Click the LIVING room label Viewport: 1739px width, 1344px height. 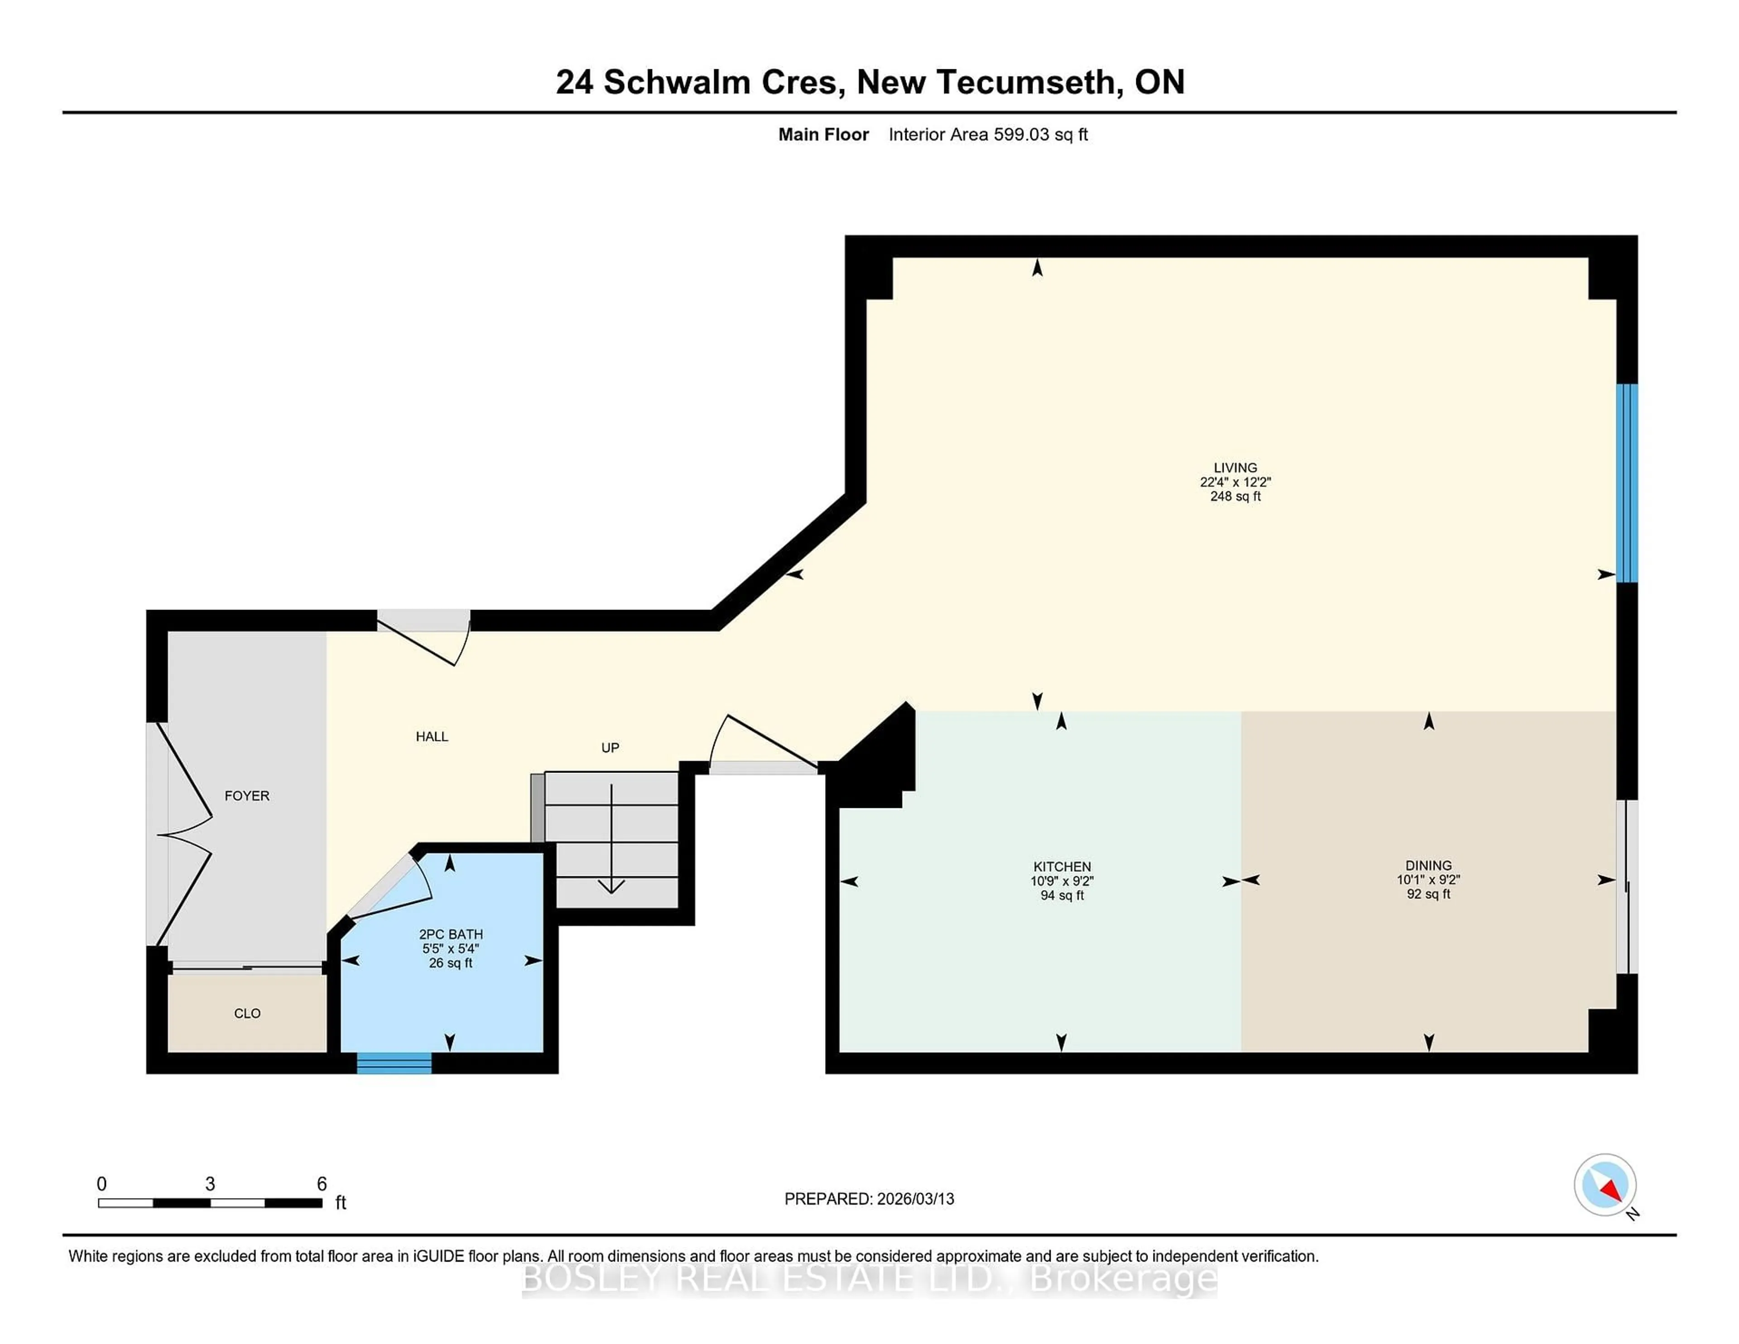(x=1235, y=467)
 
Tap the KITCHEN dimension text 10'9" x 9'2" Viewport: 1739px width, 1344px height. (x=1062, y=881)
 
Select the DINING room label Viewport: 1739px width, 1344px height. (x=1428, y=865)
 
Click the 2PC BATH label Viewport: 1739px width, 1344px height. (x=451, y=934)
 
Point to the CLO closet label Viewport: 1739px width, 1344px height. (x=247, y=1013)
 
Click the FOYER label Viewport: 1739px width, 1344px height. (x=247, y=796)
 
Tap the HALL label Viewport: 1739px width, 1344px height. (x=432, y=736)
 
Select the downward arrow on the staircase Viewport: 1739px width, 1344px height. (x=611, y=884)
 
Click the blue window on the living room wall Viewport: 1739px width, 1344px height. (x=1627, y=483)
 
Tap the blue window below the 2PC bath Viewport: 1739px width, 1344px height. (x=394, y=1063)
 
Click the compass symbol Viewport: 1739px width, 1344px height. (x=1604, y=1184)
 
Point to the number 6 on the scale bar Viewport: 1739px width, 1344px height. (x=322, y=1183)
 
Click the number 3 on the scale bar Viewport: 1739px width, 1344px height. (x=210, y=1183)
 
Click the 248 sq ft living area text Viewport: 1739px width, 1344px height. (x=1235, y=496)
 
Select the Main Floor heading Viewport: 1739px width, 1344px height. (x=823, y=134)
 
